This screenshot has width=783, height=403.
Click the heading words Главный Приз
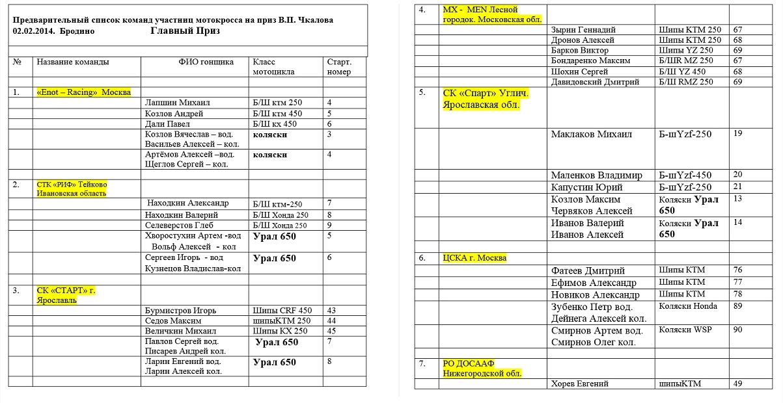[x=185, y=31]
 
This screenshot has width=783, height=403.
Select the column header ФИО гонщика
[x=206, y=62]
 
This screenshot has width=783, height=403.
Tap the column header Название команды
[x=72, y=62]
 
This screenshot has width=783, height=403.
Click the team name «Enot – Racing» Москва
[x=83, y=92]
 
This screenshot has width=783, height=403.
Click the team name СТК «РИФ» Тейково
[x=71, y=185]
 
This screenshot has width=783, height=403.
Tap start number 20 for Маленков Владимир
[x=737, y=174]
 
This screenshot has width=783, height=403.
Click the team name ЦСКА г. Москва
[x=474, y=258]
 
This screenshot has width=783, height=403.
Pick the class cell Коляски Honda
[x=688, y=306]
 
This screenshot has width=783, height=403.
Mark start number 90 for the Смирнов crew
[x=737, y=330]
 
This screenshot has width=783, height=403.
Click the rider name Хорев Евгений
[x=579, y=383]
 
